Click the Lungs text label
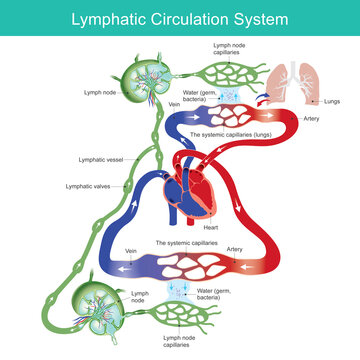332,101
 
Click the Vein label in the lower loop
129,252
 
